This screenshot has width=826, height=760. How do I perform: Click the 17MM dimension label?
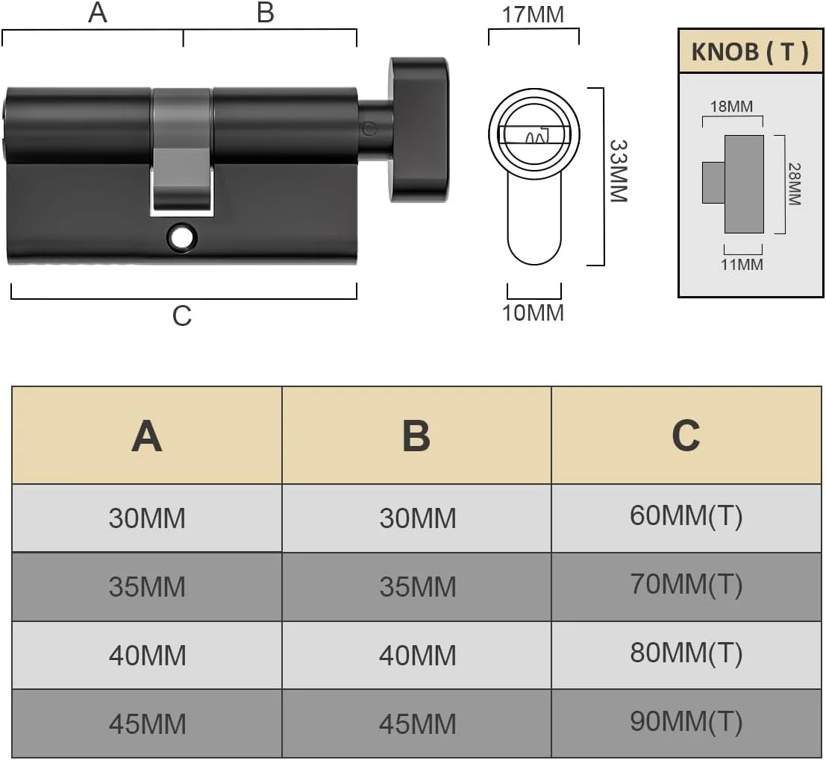pos(533,15)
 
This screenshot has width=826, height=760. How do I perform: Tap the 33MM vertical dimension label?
pos(619,172)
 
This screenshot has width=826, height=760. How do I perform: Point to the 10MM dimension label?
pos(533,313)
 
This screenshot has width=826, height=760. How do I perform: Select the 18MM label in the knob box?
pos(731,107)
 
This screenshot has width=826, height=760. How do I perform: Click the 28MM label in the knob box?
pos(795,183)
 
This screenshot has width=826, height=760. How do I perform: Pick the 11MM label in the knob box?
pos(742,264)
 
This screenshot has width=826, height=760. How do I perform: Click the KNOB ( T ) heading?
pos(750,51)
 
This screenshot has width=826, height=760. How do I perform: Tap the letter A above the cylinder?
pos(98,13)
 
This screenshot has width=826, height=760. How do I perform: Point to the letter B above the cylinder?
pos(266,13)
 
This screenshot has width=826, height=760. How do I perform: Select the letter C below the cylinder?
pos(182,316)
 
